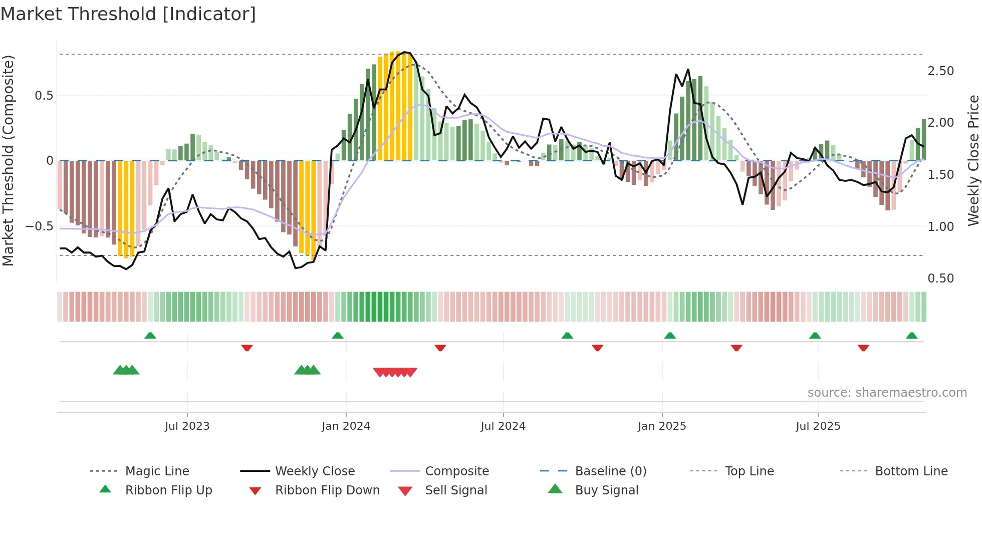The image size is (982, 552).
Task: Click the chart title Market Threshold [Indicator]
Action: (x=128, y=14)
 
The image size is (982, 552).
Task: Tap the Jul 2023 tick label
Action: (x=187, y=426)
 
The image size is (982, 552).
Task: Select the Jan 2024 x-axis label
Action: (x=346, y=426)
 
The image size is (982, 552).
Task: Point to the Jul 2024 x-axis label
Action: (x=503, y=426)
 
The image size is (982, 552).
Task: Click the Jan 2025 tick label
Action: (x=662, y=426)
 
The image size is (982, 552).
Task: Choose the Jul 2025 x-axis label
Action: (x=818, y=426)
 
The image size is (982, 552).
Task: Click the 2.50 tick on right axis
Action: (x=940, y=71)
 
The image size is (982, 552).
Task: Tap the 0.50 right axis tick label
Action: (x=940, y=279)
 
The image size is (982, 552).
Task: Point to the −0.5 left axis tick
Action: (x=39, y=226)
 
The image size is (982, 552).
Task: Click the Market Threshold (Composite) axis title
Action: (x=8, y=160)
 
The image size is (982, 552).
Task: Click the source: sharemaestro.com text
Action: (x=887, y=393)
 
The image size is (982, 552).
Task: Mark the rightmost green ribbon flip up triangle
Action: (x=912, y=336)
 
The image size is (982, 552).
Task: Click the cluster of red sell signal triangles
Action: (x=395, y=372)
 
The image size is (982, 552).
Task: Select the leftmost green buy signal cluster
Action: (x=126, y=370)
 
